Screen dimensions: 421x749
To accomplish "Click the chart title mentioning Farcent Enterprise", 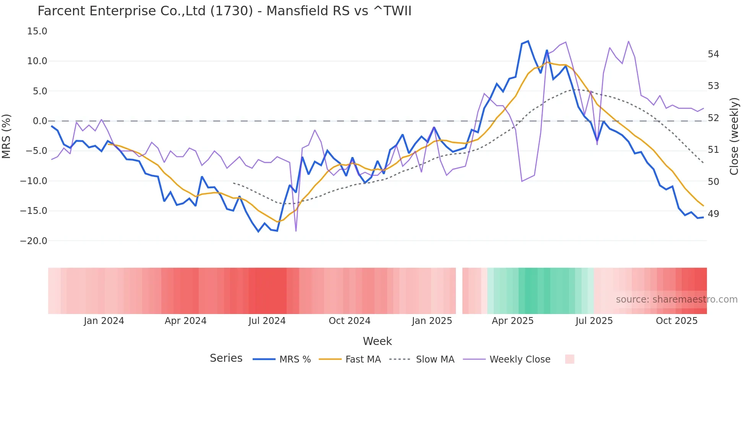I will point(224,11).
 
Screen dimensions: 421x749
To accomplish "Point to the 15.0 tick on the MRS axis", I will point(37,31).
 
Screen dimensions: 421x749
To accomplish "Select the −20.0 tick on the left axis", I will point(34,241).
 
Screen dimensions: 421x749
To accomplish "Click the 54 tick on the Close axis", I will point(713,54).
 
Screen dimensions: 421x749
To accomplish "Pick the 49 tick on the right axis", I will point(713,214).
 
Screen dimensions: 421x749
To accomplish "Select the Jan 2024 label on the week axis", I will point(104,321).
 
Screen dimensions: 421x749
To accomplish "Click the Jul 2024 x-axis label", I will point(267,321).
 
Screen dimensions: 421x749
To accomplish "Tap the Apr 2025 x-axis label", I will point(512,321).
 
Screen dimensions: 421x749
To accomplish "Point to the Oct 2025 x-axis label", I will point(677,321).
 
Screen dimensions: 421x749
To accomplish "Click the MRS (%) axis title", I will point(6,136).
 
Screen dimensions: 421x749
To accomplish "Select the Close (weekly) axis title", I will point(734,136).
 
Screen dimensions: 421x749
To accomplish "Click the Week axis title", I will point(377,341).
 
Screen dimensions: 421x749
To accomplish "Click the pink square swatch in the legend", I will point(570,359).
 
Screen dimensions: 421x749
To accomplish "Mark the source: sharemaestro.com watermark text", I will point(676,300).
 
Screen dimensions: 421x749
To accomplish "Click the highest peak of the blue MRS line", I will point(528,41).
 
